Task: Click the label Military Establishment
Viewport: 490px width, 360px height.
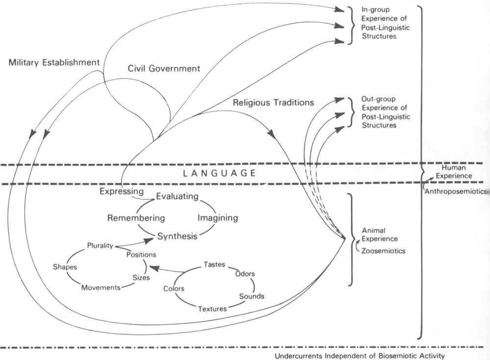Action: (x=54, y=63)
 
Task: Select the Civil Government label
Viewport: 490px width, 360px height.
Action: (x=164, y=69)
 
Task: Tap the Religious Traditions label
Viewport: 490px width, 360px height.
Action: (x=273, y=103)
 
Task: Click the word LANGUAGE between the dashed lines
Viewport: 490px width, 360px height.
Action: (x=219, y=173)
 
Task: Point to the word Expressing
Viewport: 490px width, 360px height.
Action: (x=122, y=191)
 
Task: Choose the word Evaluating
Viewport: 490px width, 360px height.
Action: (x=177, y=197)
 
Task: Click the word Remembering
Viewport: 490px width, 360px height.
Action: (x=136, y=218)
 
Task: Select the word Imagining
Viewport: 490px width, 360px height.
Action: (x=218, y=217)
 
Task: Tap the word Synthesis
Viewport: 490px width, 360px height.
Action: (x=177, y=237)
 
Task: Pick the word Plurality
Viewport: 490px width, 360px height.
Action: (x=100, y=245)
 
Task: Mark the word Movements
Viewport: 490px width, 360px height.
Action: (x=101, y=288)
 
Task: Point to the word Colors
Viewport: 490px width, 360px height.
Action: (x=174, y=288)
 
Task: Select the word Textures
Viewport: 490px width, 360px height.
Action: (x=212, y=309)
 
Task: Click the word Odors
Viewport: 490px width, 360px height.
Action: (x=245, y=274)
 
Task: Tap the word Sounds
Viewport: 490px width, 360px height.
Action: (x=251, y=296)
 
